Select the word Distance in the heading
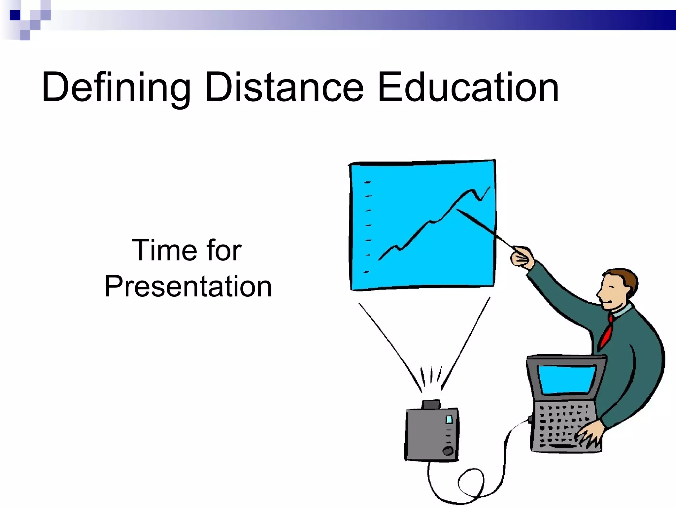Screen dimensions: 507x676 [x=284, y=87]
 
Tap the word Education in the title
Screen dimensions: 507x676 [x=468, y=87]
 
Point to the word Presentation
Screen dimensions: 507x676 [x=188, y=286]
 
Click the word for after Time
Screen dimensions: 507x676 [x=224, y=250]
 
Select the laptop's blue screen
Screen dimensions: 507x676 [x=566, y=379]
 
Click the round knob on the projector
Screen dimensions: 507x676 [x=448, y=451]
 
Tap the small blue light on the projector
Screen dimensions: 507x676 [x=449, y=420]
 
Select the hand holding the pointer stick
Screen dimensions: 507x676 [x=522, y=256]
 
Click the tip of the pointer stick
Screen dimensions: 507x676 [x=457, y=209]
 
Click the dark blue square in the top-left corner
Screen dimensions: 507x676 [x=15, y=15]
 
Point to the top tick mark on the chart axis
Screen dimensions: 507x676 [x=367, y=182]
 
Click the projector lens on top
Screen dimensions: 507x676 [x=431, y=404]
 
